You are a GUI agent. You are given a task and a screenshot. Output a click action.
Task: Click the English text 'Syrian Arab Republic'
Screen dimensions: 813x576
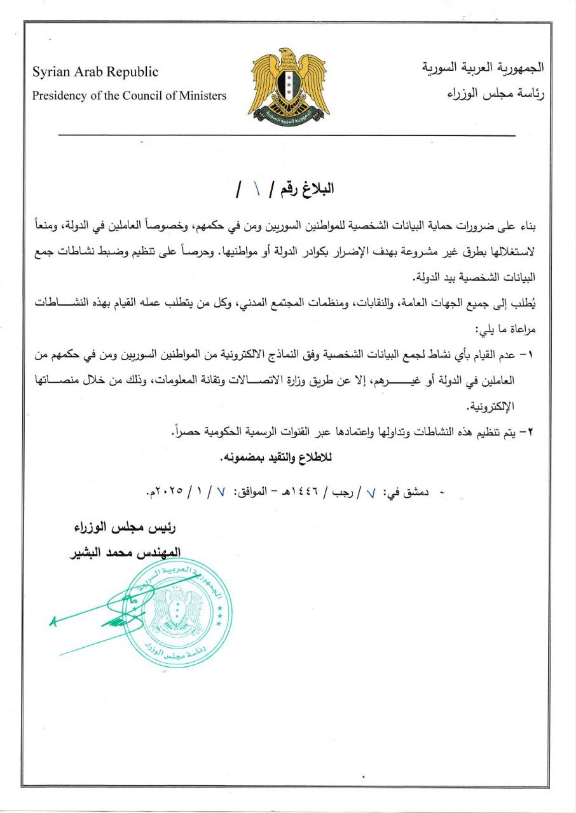click(x=96, y=72)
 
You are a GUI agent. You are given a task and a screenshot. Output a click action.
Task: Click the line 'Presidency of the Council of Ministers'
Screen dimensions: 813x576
click(x=130, y=96)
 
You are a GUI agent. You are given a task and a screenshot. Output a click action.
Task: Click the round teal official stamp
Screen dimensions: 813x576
click(x=177, y=612)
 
